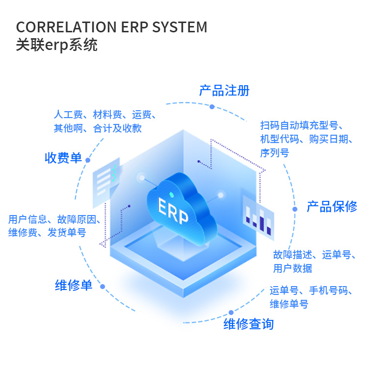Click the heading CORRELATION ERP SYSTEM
tap(111, 27)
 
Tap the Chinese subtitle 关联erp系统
tap(56, 45)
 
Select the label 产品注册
tap(224, 91)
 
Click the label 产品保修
tap(332, 207)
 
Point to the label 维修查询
tap(248, 324)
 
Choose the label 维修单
tap(74, 285)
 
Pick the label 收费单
tap(63, 158)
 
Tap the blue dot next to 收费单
tap(88, 160)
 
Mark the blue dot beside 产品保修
tap(295, 209)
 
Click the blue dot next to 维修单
tap(103, 287)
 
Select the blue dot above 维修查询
tap(231, 313)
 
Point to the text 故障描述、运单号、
tap(315, 255)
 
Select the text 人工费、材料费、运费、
tap(105, 116)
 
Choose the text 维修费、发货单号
tap(47, 233)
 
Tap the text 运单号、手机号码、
tap(311, 291)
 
